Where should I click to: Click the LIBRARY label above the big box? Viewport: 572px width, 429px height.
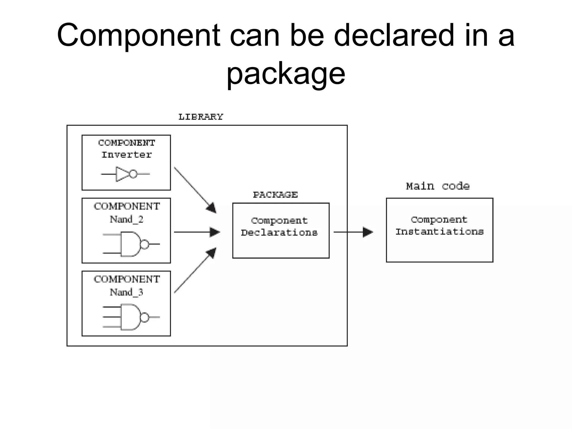[201, 117]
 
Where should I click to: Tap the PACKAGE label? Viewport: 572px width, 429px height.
[275, 195]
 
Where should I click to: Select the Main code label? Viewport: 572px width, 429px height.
[437, 186]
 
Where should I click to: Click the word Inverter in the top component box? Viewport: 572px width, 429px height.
[127, 155]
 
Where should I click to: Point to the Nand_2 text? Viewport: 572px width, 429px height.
[127, 220]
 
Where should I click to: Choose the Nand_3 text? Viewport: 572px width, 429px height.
[127, 292]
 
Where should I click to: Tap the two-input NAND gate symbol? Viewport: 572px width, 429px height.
[131, 244]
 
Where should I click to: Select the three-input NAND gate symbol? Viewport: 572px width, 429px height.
[131, 317]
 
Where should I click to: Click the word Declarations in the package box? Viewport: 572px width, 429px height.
[279, 233]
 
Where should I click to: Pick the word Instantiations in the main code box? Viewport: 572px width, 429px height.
[439, 232]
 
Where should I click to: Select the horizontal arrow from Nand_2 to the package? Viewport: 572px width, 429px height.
[197, 232]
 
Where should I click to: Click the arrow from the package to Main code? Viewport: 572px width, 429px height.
[353, 232]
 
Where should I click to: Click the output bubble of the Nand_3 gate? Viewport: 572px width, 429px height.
[144, 317]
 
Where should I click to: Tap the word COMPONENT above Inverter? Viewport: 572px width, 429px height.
[127, 143]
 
